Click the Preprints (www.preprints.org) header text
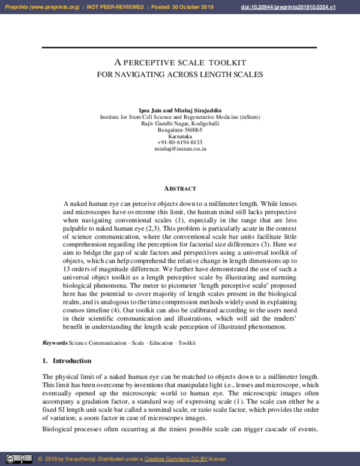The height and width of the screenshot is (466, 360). (41, 7)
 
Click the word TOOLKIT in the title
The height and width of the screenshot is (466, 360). (227, 62)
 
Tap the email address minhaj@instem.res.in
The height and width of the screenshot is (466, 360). (180, 148)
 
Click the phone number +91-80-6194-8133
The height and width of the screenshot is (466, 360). (180, 142)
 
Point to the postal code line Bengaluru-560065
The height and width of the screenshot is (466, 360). (180, 130)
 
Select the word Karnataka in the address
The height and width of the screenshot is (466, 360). (180, 136)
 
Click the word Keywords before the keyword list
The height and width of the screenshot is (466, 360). (55, 343)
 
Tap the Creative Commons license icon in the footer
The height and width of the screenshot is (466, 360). (17, 459)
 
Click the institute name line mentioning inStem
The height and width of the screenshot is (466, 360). (180, 118)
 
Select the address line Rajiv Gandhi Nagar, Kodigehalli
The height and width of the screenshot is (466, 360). (180, 124)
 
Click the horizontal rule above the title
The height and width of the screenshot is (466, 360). (180, 47)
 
